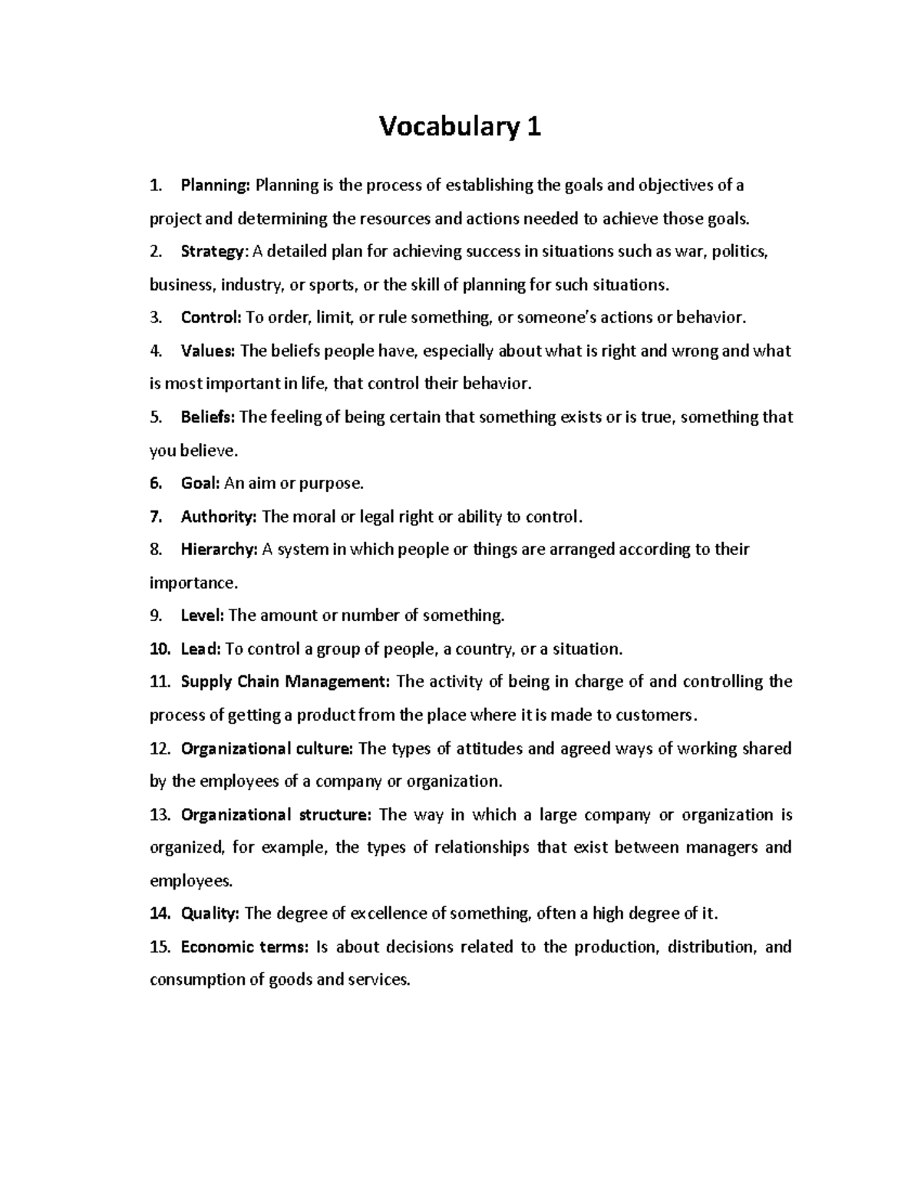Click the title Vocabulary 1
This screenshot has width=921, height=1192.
click(x=460, y=127)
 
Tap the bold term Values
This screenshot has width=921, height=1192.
click(x=207, y=352)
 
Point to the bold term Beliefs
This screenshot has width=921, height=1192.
click(x=208, y=418)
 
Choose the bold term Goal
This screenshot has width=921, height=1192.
click(x=200, y=484)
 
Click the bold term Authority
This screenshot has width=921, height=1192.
click(x=218, y=517)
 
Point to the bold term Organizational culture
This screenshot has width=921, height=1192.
click(x=267, y=748)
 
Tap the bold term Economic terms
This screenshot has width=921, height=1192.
click(x=244, y=947)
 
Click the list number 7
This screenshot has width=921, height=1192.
click(x=156, y=517)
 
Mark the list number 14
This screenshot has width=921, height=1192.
click(x=159, y=913)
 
